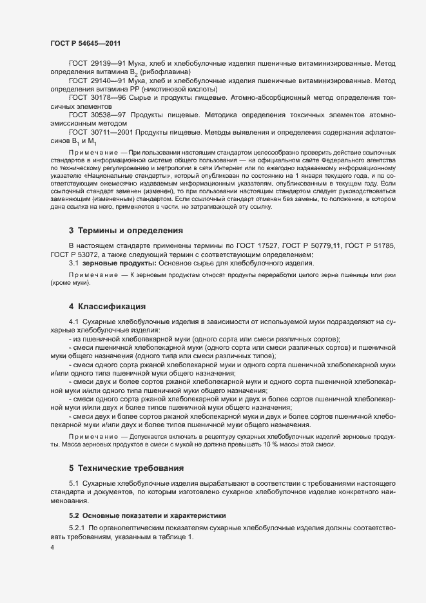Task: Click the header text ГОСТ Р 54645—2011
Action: (85, 43)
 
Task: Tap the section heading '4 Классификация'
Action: (107, 305)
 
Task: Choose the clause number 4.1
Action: (73, 321)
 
